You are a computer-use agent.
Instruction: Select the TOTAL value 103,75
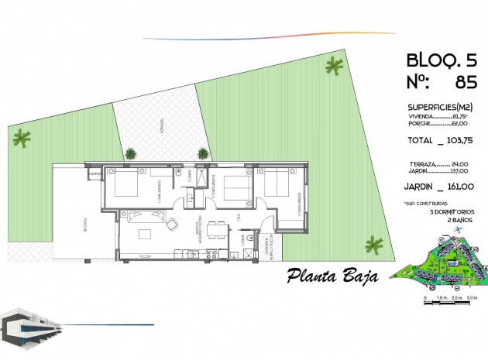pos(455,142)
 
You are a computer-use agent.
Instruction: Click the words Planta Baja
pos(332,275)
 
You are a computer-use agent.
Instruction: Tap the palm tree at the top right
pos(335,67)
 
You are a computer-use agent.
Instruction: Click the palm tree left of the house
pos(22,139)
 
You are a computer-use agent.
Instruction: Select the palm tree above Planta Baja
pos(374,245)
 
